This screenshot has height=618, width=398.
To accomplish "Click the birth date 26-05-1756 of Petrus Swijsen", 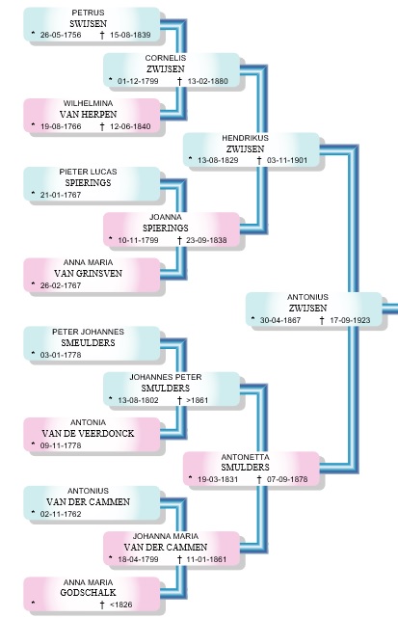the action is (61, 35).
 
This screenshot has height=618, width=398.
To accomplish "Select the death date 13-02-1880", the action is (207, 81).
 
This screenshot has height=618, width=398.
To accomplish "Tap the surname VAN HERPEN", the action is (89, 115).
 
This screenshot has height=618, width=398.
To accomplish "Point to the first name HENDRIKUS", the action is (245, 138).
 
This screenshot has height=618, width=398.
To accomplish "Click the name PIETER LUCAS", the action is (88, 172).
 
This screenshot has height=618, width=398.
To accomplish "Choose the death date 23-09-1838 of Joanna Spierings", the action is (206, 240).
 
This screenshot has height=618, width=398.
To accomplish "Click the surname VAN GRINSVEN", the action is (89, 274).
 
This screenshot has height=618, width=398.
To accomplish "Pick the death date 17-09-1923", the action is (350, 320).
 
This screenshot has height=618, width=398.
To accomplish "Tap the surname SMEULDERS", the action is (89, 343).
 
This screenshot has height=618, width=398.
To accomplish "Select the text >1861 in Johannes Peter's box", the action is (197, 400).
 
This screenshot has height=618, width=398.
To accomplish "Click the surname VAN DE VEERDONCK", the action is (88, 434).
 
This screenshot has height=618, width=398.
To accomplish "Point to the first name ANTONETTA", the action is (245, 457).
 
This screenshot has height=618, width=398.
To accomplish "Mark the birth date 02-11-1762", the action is (61, 514).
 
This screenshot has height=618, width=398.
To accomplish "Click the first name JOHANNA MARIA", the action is (166, 536).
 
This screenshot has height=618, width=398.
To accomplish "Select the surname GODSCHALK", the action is (89, 592).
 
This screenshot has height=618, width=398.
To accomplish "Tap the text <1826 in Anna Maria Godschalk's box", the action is (121, 605).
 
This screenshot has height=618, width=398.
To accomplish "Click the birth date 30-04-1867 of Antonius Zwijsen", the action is (280, 320).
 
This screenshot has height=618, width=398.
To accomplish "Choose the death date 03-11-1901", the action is (287, 160).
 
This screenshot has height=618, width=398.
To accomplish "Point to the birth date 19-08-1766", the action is (61, 126).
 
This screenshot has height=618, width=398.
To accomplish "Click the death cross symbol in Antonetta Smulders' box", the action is (259, 479).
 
